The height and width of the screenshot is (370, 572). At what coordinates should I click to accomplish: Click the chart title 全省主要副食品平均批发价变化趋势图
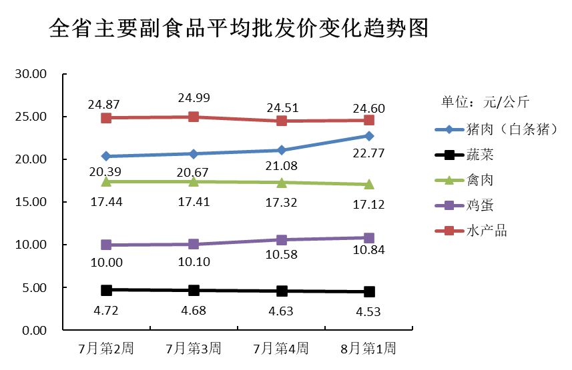[x=238, y=29]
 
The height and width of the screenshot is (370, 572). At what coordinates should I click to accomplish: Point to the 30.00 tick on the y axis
[x=30, y=74]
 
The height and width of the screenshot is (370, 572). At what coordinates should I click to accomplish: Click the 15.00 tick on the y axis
[x=30, y=202]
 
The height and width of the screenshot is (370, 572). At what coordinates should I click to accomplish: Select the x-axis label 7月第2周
[x=106, y=349]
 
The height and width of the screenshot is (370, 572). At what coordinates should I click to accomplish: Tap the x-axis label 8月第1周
[x=368, y=349]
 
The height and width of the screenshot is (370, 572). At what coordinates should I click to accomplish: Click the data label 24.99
[x=194, y=98]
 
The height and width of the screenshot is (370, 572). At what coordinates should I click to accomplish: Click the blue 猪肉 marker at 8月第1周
[x=368, y=136]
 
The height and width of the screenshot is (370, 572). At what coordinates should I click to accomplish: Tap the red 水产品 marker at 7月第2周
[x=106, y=118]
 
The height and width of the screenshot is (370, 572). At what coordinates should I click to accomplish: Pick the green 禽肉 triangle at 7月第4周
[x=281, y=182]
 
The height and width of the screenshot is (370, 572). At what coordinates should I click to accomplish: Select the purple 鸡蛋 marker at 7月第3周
[x=194, y=244]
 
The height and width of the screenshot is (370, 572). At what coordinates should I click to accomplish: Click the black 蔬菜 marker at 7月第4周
[x=281, y=291]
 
